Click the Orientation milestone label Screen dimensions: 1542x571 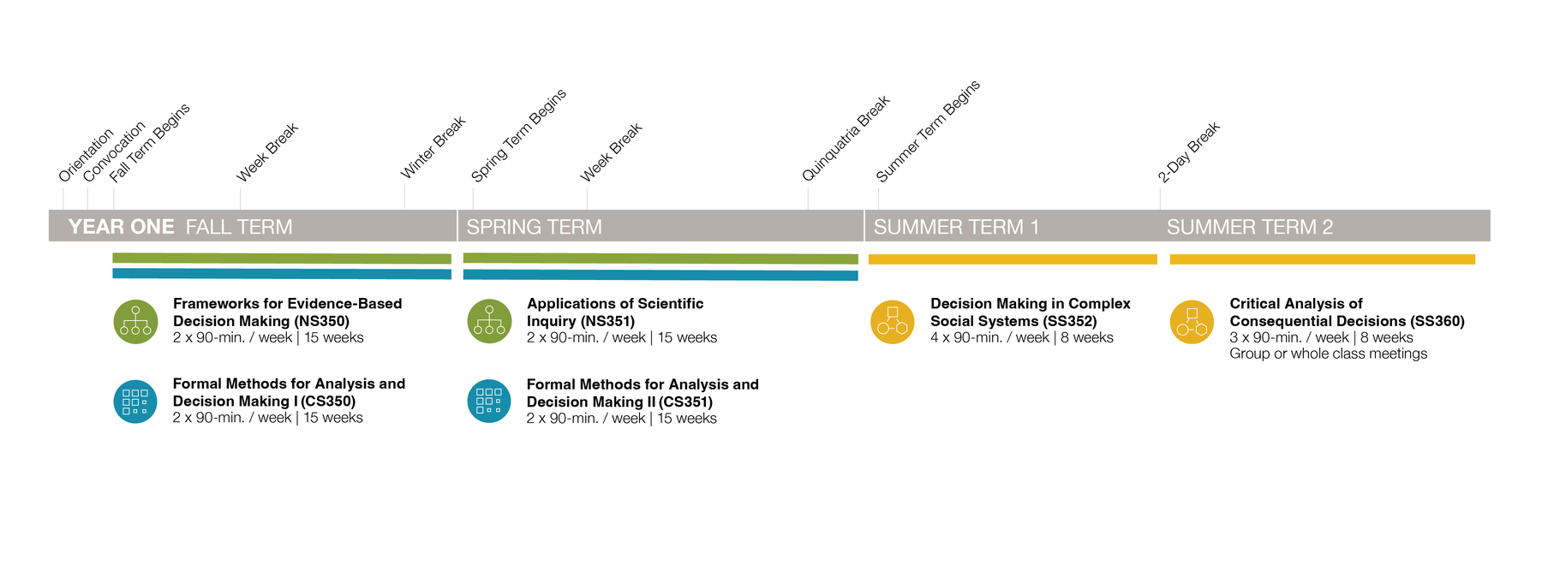86,155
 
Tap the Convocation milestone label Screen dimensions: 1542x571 114,152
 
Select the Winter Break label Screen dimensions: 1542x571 433,147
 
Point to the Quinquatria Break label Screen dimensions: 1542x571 846,138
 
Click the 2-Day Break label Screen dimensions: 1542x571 1189,152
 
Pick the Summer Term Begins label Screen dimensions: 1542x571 928,131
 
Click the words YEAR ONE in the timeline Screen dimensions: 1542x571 121,227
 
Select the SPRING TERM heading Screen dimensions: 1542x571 534,227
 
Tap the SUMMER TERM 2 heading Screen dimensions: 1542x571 1250,227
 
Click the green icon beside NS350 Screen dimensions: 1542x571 135,322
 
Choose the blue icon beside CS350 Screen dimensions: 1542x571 135,401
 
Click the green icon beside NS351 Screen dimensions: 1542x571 489,322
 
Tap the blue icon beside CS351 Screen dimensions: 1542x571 489,401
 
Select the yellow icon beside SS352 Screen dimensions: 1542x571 893,322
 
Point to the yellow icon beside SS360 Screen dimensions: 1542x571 1192,322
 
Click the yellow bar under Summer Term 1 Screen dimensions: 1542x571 1013,259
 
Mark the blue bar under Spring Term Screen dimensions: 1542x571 660,275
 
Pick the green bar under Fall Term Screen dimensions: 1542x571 282,259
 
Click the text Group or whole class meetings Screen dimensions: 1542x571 1329,354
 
